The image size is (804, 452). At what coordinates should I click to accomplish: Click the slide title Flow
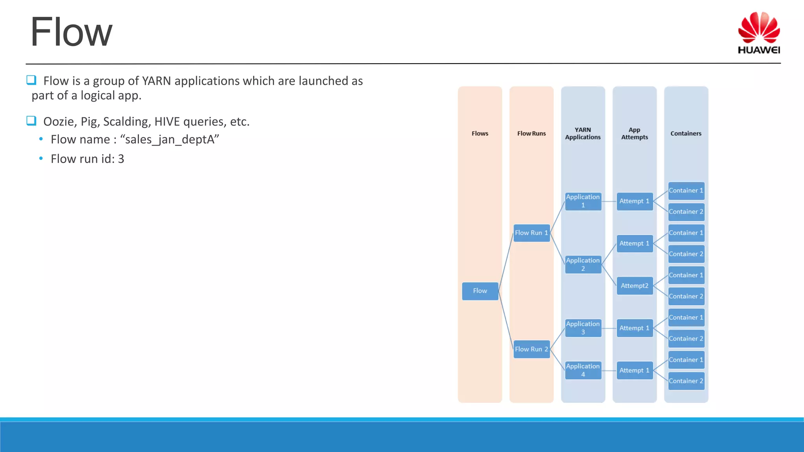71,32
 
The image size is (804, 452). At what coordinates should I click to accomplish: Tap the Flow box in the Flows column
480,291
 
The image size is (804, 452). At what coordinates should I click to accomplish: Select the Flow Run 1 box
531,233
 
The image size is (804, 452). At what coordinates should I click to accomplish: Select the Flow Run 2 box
531,349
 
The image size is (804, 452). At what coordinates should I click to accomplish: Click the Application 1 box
583,201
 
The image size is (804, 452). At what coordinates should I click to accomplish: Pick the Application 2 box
583,264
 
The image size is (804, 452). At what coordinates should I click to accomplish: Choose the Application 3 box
583,328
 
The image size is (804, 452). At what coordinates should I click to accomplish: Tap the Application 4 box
583,370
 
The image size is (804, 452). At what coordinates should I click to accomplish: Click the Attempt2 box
634,286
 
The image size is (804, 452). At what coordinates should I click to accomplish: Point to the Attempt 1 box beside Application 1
634,201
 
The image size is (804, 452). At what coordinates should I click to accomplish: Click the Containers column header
685,133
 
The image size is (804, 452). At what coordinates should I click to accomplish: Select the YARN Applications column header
583,133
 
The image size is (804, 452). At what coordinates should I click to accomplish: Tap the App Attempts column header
634,133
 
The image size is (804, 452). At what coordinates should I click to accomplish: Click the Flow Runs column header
531,133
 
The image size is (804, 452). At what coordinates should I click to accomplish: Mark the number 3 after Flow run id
121,159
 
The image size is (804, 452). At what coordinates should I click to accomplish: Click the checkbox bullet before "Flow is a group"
31,80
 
